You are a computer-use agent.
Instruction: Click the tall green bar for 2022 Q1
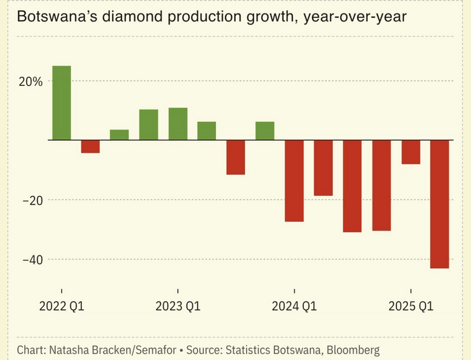click(62, 103)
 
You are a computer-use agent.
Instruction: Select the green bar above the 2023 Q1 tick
click(178, 123)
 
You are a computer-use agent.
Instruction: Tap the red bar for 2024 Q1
click(294, 180)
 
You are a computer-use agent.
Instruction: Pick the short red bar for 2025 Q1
click(411, 152)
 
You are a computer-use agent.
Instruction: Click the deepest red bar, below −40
click(439, 204)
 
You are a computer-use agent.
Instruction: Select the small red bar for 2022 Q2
click(91, 147)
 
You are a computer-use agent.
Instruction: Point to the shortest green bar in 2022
click(119, 135)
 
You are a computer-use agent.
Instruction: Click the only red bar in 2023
click(235, 157)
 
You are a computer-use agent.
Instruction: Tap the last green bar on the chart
click(265, 131)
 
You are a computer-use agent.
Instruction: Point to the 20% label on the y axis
click(31, 81)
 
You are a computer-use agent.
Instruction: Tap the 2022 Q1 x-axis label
click(62, 307)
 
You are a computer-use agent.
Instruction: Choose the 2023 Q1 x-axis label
click(178, 307)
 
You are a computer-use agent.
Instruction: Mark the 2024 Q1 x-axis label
click(294, 307)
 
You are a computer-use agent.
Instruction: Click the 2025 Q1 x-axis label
click(411, 307)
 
